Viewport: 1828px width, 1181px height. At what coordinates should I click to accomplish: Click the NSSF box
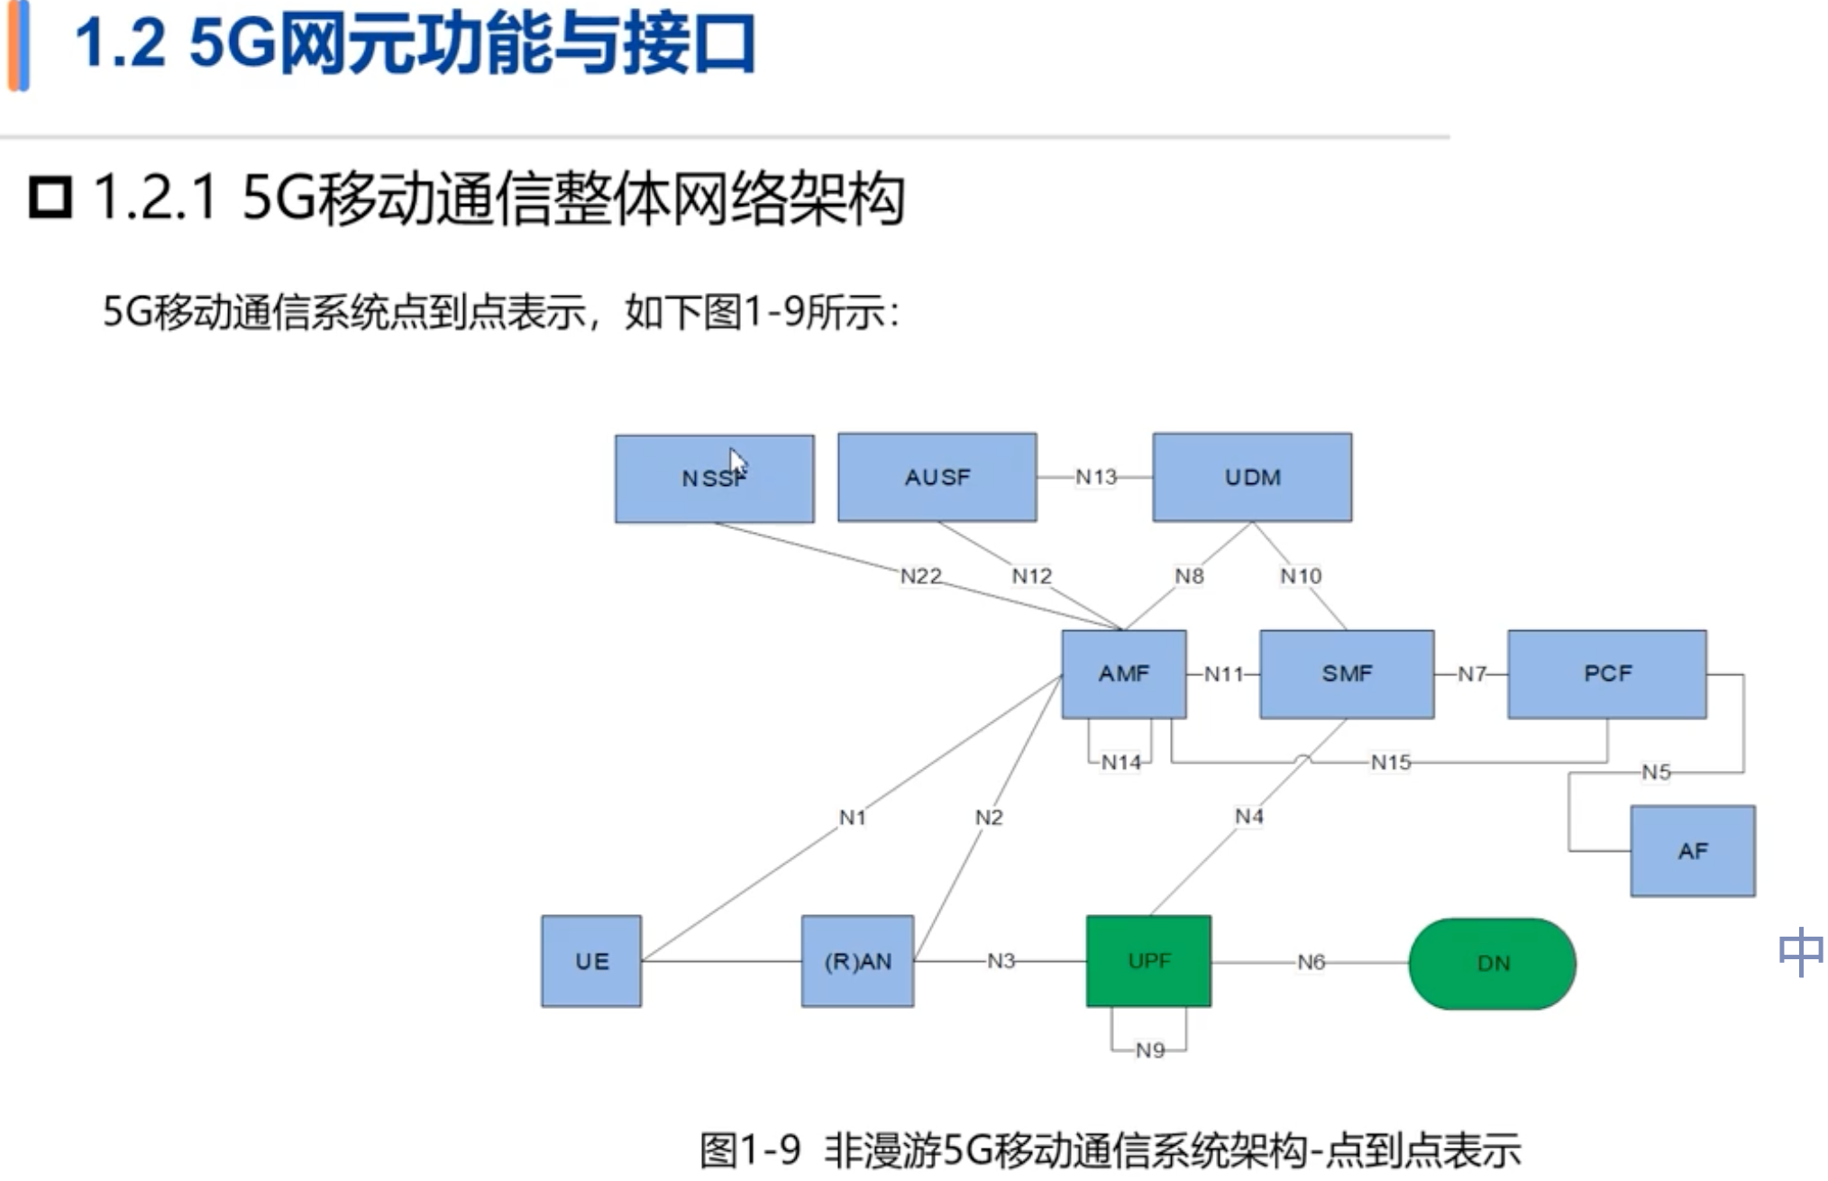tap(714, 479)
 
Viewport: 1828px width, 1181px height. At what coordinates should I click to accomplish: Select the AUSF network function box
tap(937, 477)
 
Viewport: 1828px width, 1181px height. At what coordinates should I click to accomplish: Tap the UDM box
tap(1252, 477)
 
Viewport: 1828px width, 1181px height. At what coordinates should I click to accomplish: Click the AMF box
tap(1124, 673)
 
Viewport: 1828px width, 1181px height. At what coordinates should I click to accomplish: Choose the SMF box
tap(1347, 673)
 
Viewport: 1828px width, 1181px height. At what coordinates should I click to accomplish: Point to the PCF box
tap(1607, 673)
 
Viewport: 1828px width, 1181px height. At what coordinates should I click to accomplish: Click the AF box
tap(1693, 851)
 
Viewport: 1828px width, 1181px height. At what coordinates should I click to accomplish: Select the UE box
tap(591, 961)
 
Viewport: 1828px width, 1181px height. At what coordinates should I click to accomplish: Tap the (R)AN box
tap(857, 961)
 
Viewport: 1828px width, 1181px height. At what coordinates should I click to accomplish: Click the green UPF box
tap(1148, 961)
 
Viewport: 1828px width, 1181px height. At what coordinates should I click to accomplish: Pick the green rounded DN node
tap(1493, 964)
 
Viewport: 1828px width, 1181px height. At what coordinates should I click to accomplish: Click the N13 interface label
tap(1096, 477)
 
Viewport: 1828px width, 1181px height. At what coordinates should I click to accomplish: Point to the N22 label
tap(921, 576)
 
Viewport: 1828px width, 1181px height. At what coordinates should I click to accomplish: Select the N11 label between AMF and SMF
tap(1224, 673)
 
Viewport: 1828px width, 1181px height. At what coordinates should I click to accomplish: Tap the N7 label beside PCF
tap(1472, 673)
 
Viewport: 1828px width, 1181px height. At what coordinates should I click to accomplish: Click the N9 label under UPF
tap(1150, 1050)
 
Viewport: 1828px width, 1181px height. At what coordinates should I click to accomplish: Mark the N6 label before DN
tap(1312, 962)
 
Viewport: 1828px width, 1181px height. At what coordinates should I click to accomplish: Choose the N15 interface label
tap(1391, 763)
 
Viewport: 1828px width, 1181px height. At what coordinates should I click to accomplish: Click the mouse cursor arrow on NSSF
tap(737, 463)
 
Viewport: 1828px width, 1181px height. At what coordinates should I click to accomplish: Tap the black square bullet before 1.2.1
tap(50, 197)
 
